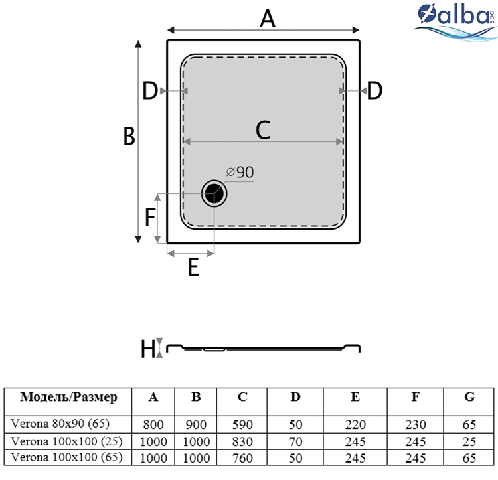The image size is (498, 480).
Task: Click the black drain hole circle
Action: [x=214, y=193]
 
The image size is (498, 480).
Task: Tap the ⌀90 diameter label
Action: [x=240, y=172]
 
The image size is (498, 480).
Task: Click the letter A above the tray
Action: [x=268, y=19]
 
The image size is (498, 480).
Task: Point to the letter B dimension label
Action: [x=129, y=137]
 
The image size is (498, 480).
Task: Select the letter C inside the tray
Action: [x=264, y=130]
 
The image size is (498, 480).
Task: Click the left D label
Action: [x=150, y=90]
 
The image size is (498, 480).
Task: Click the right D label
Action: [x=374, y=90]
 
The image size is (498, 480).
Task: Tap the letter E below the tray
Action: [x=193, y=267]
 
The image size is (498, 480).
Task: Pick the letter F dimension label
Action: [x=150, y=218]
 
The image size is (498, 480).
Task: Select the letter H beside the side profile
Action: [x=148, y=349]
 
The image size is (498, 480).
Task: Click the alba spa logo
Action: [x=456, y=22]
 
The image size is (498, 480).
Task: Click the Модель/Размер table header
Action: [x=68, y=398]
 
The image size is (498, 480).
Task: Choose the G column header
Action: [x=469, y=397]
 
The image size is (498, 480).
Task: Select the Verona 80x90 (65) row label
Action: [x=60, y=424]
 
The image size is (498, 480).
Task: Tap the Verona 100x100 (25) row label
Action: [x=66, y=441]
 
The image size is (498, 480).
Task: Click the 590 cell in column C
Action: [x=242, y=425]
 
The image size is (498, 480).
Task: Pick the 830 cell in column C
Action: [x=242, y=442]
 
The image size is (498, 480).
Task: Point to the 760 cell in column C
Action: [x=242, y=458]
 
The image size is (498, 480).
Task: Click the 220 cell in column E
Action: [x=355, y=425]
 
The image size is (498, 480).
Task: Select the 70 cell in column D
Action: [x=295, y=442]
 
